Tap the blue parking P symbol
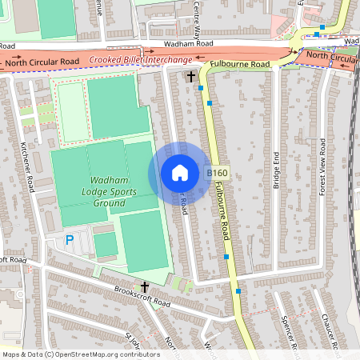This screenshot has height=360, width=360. [x=69, y=239]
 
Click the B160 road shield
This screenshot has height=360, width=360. [x=216, y=173]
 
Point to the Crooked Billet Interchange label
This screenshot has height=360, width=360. [x=140, y=60]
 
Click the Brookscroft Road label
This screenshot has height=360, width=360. [x=142, y=298]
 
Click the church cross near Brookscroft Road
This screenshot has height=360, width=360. [x=145, y=286]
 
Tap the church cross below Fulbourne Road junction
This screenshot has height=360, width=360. [x=190, y=77]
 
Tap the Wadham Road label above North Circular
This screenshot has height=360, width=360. [x=189, y=45]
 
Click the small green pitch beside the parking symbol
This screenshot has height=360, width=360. [x=105, y=243]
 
